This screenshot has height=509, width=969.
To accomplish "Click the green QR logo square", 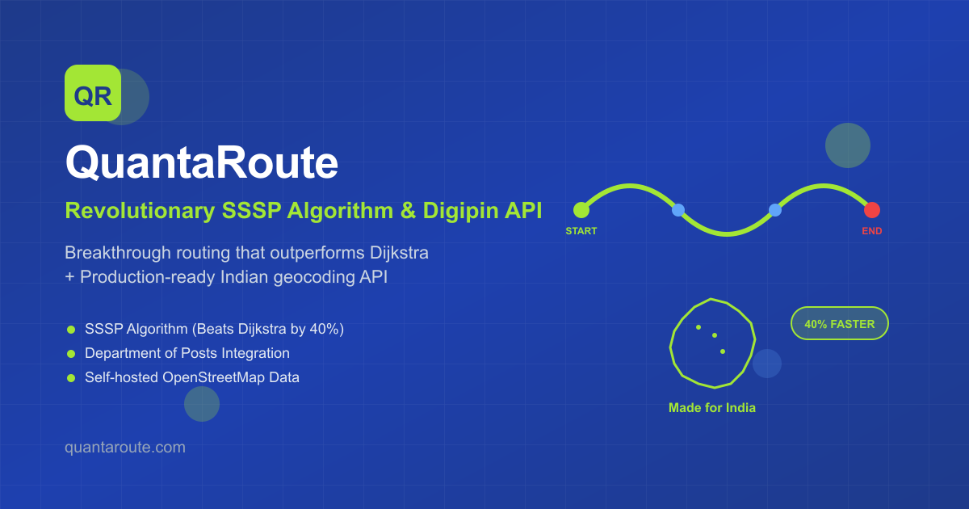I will [92, 93].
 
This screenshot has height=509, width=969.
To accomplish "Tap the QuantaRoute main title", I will [201, 164].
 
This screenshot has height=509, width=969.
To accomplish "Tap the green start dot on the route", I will [581, 210].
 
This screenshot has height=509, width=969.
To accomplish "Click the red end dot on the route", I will [871, 210].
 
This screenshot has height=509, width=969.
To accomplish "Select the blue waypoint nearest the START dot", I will [678, 210].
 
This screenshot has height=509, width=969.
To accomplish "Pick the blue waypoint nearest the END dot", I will [775, 210].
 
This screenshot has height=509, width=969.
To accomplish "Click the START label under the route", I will [581, 231].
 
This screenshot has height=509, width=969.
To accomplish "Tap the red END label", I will [871, 231].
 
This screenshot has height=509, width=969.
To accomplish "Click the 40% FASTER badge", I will [839, 324].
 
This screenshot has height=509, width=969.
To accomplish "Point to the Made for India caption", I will [711, 408].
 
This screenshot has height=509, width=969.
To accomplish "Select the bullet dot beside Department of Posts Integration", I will [71, 354].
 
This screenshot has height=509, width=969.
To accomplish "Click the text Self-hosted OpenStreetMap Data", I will [191, 377].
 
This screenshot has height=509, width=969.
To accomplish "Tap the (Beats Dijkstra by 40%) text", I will [274, 330].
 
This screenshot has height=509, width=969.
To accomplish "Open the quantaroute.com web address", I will [124, 447].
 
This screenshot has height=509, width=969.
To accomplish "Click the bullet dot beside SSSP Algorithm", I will [71, 330].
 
